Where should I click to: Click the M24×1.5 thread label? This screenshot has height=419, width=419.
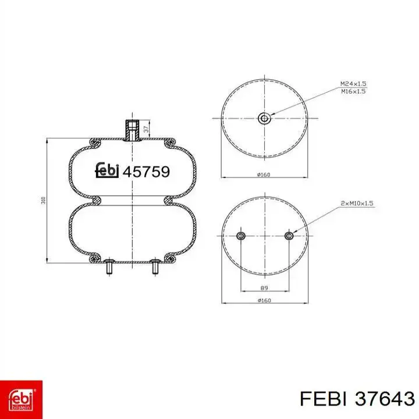(x=353, y=84)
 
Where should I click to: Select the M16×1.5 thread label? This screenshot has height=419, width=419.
(x=353, y=91)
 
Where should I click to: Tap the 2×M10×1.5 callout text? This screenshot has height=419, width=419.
(x=357, y=203)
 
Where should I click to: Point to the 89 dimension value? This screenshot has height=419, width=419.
(x=264, y=288)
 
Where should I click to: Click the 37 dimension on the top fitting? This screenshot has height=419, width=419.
(x=146, y=129)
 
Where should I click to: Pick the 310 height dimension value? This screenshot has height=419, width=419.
(x=43, y=200)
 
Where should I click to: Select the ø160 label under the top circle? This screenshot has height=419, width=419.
(x=264, y=175)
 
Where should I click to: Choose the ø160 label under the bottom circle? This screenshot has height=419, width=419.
(x=264, y=300)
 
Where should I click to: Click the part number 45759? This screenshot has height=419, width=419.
(x=146, y=172)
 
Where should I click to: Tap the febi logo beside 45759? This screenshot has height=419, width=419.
(x=107, y=170)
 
